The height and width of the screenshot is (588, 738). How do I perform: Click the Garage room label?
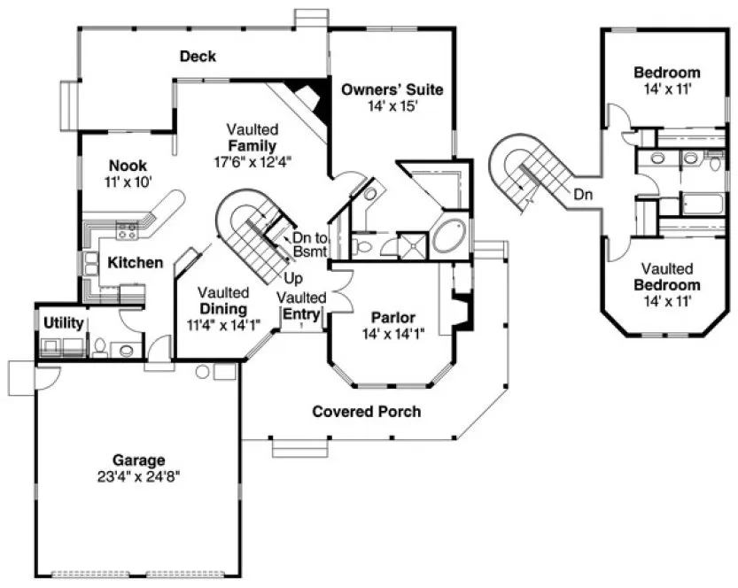coord(138,460)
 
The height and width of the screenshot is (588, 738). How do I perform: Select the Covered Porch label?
coord(366,412)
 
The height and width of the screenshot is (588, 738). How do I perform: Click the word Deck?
coord(198,57)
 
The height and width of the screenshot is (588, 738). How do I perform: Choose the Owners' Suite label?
coord(391,89)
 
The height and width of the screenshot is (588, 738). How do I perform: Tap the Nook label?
coord(128,166)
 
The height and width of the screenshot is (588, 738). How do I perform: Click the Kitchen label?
coord(136,262)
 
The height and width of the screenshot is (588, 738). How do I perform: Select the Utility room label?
coord(63,322)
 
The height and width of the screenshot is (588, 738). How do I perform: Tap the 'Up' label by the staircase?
coord(293,278)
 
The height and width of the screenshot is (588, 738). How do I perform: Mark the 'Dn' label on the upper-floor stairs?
coord(582,193)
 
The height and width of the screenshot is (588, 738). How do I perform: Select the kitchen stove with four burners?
coord(126,232)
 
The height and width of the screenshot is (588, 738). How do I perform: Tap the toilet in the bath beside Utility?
coord(101,346)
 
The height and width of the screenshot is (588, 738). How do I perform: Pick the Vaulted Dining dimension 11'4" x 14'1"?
coord(223,324)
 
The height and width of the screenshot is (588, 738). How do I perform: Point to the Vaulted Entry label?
coord(302,305)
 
